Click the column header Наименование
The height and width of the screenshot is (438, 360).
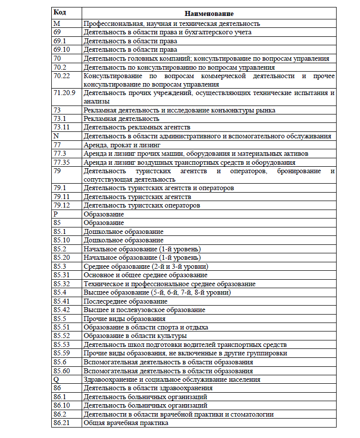tap(209, 14)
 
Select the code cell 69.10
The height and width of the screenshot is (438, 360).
tap(62, 50)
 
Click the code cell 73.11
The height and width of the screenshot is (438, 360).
tap(62, 127)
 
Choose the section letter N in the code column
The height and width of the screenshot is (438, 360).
tap(56, 136)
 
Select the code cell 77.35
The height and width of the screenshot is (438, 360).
tap(62, 162)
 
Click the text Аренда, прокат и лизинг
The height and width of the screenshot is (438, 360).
tap(122, 145)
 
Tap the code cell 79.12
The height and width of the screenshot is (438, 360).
tap(62, 206)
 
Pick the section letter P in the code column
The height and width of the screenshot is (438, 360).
tap(55, 214)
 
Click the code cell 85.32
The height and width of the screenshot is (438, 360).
tap(62, 284)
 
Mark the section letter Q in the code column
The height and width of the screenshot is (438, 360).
tap(56, 379)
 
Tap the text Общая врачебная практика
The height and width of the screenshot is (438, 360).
tap(126, 423)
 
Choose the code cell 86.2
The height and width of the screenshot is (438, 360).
tap(60, 414)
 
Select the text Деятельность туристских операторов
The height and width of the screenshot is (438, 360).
tap(142, 206)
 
